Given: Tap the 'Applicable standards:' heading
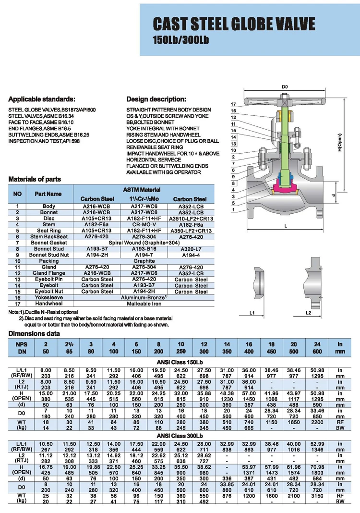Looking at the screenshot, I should [x=42, y=99].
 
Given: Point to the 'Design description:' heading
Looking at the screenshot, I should [x=156, y=99].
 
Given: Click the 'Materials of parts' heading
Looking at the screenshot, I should [x=35, y=179].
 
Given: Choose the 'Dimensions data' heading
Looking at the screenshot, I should [x=34, y=333].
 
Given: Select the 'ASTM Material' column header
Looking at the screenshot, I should [x=144, y=190].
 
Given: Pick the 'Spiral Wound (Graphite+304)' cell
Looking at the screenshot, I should [x=144, y=243].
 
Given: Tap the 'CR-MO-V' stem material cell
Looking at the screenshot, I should [x=144, y=224].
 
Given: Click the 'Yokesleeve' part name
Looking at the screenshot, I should [x=49, y=298].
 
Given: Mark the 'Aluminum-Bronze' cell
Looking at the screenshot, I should [x=144, y=298].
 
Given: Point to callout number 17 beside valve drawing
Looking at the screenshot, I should [x=234, y=104].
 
